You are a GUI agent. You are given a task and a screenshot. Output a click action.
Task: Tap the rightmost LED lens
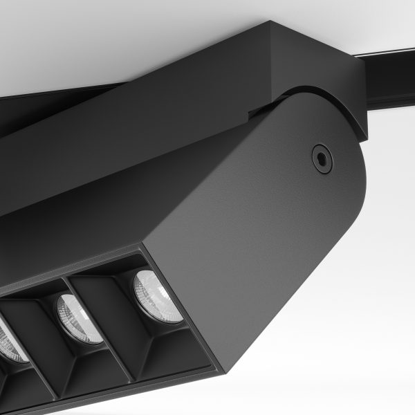[158, 295]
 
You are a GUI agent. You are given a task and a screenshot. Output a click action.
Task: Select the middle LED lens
[75, 318]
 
